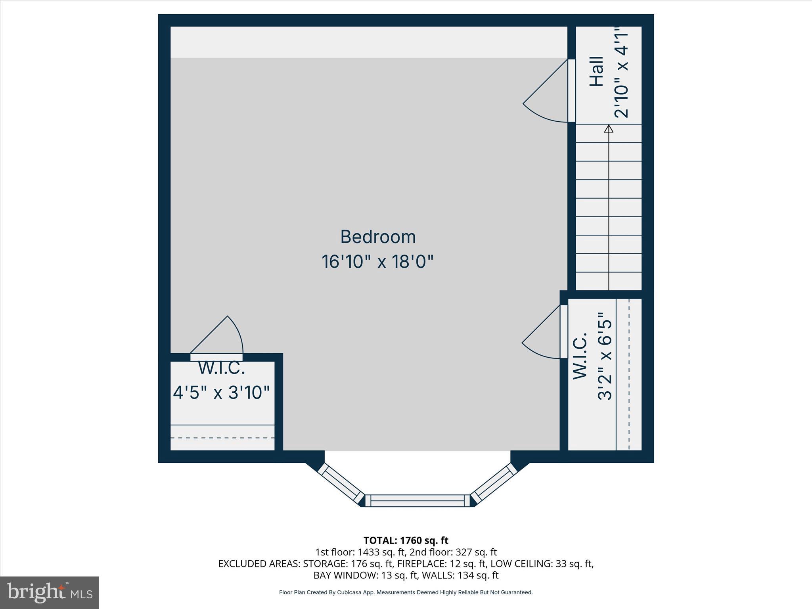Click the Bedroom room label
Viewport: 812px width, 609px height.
(x=378, y=237)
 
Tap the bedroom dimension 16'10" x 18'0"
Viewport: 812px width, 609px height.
(x=377, y=262)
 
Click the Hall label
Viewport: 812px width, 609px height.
(x=597, y=71)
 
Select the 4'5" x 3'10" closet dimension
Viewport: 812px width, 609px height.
(x=221, y=393)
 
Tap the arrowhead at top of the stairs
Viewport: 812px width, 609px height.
(x=609, y=129)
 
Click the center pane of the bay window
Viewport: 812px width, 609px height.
(x=417, y=500)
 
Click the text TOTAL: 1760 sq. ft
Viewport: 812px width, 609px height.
(x=406, y=540)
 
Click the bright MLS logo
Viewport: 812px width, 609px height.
(x=50, y=593)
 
